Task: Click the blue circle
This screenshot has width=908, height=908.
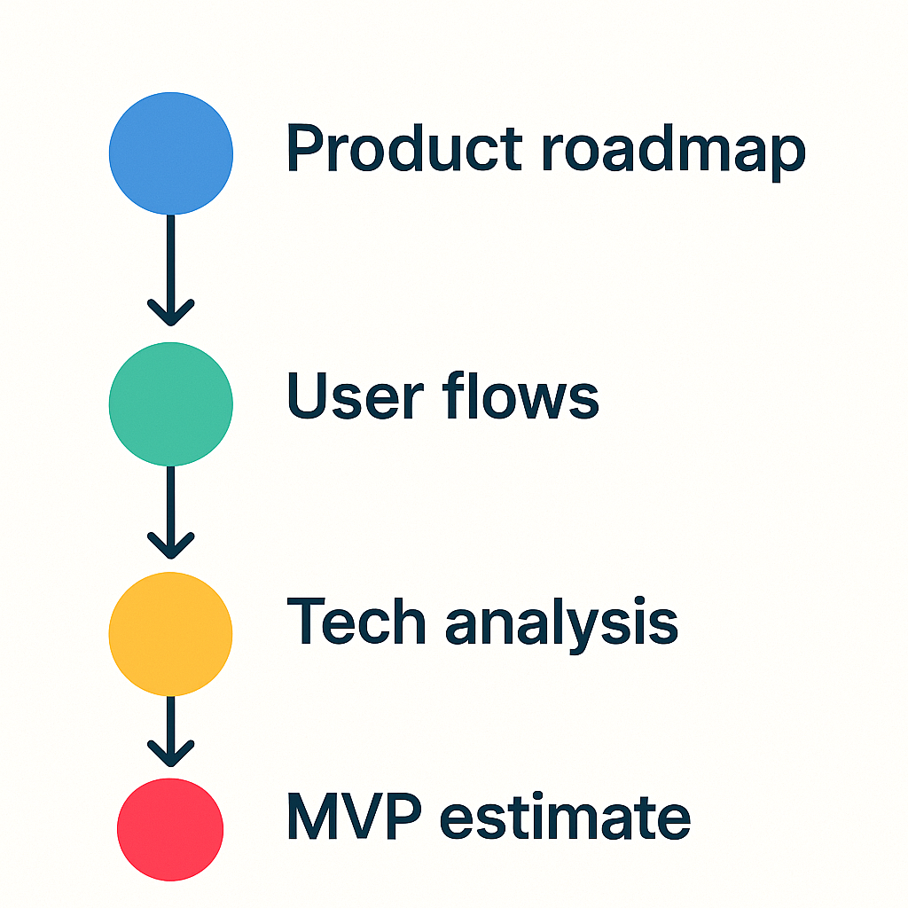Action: click(x=171, y=153)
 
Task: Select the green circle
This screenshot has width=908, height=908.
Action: click(x=171, y=404)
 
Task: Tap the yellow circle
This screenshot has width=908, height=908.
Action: click(x=171, y=634)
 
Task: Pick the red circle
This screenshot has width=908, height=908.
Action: click(x=170, y=830)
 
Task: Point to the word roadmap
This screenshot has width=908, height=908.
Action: click(x=674, y=153)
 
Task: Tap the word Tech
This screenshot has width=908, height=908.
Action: click(x=356, y=621)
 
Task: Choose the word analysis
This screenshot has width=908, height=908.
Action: click(x=561, y=625)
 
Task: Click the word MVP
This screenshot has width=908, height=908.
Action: click(x=355, y=816)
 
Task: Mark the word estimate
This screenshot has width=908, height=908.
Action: click(x=565, y=817)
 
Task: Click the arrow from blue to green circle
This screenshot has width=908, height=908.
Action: click(x=171, y=270)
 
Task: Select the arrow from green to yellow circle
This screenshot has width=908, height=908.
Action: click(x=171, y=513)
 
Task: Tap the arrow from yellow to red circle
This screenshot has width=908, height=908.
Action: click(x=171, y=732)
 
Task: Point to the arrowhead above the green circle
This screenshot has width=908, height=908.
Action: click(x=171, y=314)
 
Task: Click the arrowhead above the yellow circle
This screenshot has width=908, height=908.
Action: click(x=171, y=546)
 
